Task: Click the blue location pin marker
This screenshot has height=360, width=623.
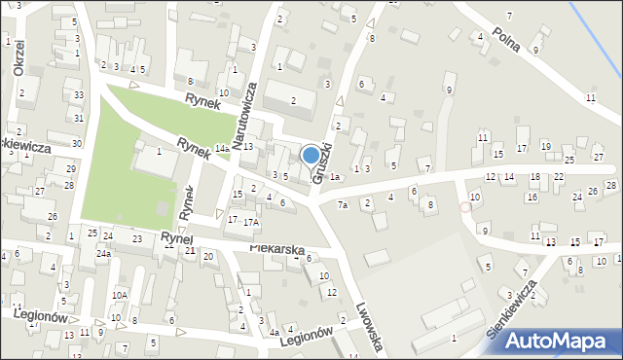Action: pos(311,156)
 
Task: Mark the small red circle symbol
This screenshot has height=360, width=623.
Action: pos(465,207)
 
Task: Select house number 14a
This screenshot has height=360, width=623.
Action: pos(222,148)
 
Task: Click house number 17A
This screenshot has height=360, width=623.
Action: pos(251,223)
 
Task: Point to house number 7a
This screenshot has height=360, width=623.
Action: pos(342,205)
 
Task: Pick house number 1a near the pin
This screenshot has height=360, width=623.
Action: pos(334,177)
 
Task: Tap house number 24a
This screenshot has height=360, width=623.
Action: pos(102,254)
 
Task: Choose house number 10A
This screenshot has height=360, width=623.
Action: pos(119,295)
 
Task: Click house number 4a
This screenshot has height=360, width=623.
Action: pos(274,333)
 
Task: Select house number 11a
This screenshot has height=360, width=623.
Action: pos(483,138)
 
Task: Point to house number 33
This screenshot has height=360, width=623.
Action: pos(78,95)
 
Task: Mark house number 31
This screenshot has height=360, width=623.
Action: pos(78,118)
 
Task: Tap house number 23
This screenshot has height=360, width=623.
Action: pos(137,238)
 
